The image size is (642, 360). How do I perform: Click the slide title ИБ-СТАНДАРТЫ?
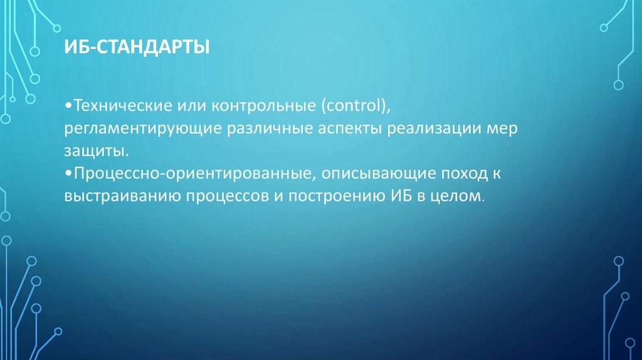click(x=136, y=48)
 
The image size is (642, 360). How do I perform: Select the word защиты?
click(x=95, y=151)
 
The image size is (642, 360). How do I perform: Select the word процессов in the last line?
click(x=228, y=196)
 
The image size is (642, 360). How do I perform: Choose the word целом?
click(x=454, y=196)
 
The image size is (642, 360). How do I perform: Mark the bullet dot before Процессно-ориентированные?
click(x=68, y=174)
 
